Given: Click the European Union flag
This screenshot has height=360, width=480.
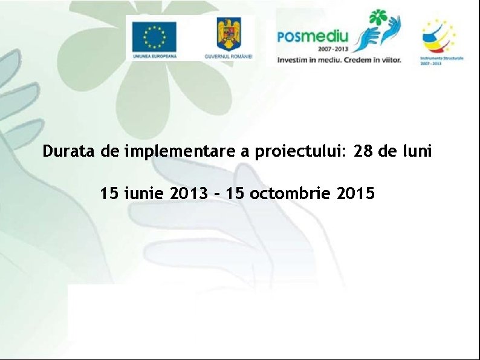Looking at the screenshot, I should pyautogui.click(x=155, y=36).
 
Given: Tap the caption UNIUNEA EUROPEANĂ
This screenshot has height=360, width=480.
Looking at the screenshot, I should pyautogui.click(x=155, y=56).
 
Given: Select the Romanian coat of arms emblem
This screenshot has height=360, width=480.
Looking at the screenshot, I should pyautogui.click(x=229, y=34).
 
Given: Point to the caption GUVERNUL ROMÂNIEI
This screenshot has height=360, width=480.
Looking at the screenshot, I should pyautogui.click(x=229, y=56).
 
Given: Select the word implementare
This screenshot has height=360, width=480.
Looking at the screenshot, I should pyautogui.click(x=181, y=151).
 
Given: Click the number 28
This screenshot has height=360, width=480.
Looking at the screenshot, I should pyautogui.click(x=364, y=151).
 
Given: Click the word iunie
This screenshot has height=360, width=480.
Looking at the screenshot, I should pyautogui.click(x=144, y=194).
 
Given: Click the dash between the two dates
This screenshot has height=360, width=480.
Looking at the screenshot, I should pyautogui.click(x=215, y=194).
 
